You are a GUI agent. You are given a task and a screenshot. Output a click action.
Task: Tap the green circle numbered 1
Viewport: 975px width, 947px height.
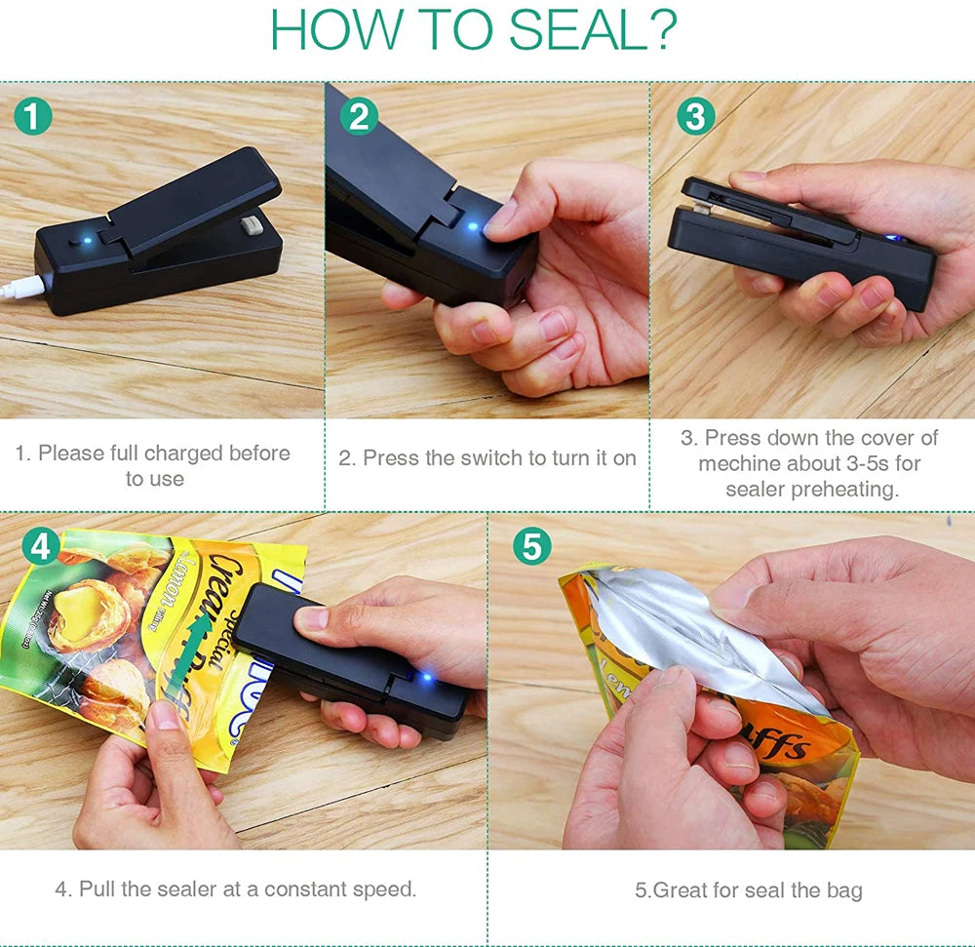(34, 117)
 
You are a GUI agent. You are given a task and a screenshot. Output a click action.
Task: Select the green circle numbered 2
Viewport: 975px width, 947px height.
(359, 117)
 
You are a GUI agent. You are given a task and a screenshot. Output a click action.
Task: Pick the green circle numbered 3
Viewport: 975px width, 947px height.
(695, 117)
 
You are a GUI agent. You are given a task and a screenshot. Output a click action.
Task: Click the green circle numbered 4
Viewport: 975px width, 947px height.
(41, 547)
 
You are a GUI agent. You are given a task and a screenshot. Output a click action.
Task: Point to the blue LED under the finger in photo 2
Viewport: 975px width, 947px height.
(474, 227)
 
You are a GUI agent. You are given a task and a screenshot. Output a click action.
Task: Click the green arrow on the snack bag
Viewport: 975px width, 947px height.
(185, 654)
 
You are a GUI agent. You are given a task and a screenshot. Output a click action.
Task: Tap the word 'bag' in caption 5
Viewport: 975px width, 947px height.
(843, 889)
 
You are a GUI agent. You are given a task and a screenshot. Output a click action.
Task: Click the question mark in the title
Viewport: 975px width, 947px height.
(662, 30)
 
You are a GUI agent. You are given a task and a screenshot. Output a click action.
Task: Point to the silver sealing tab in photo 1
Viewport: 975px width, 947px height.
(251, 227)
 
